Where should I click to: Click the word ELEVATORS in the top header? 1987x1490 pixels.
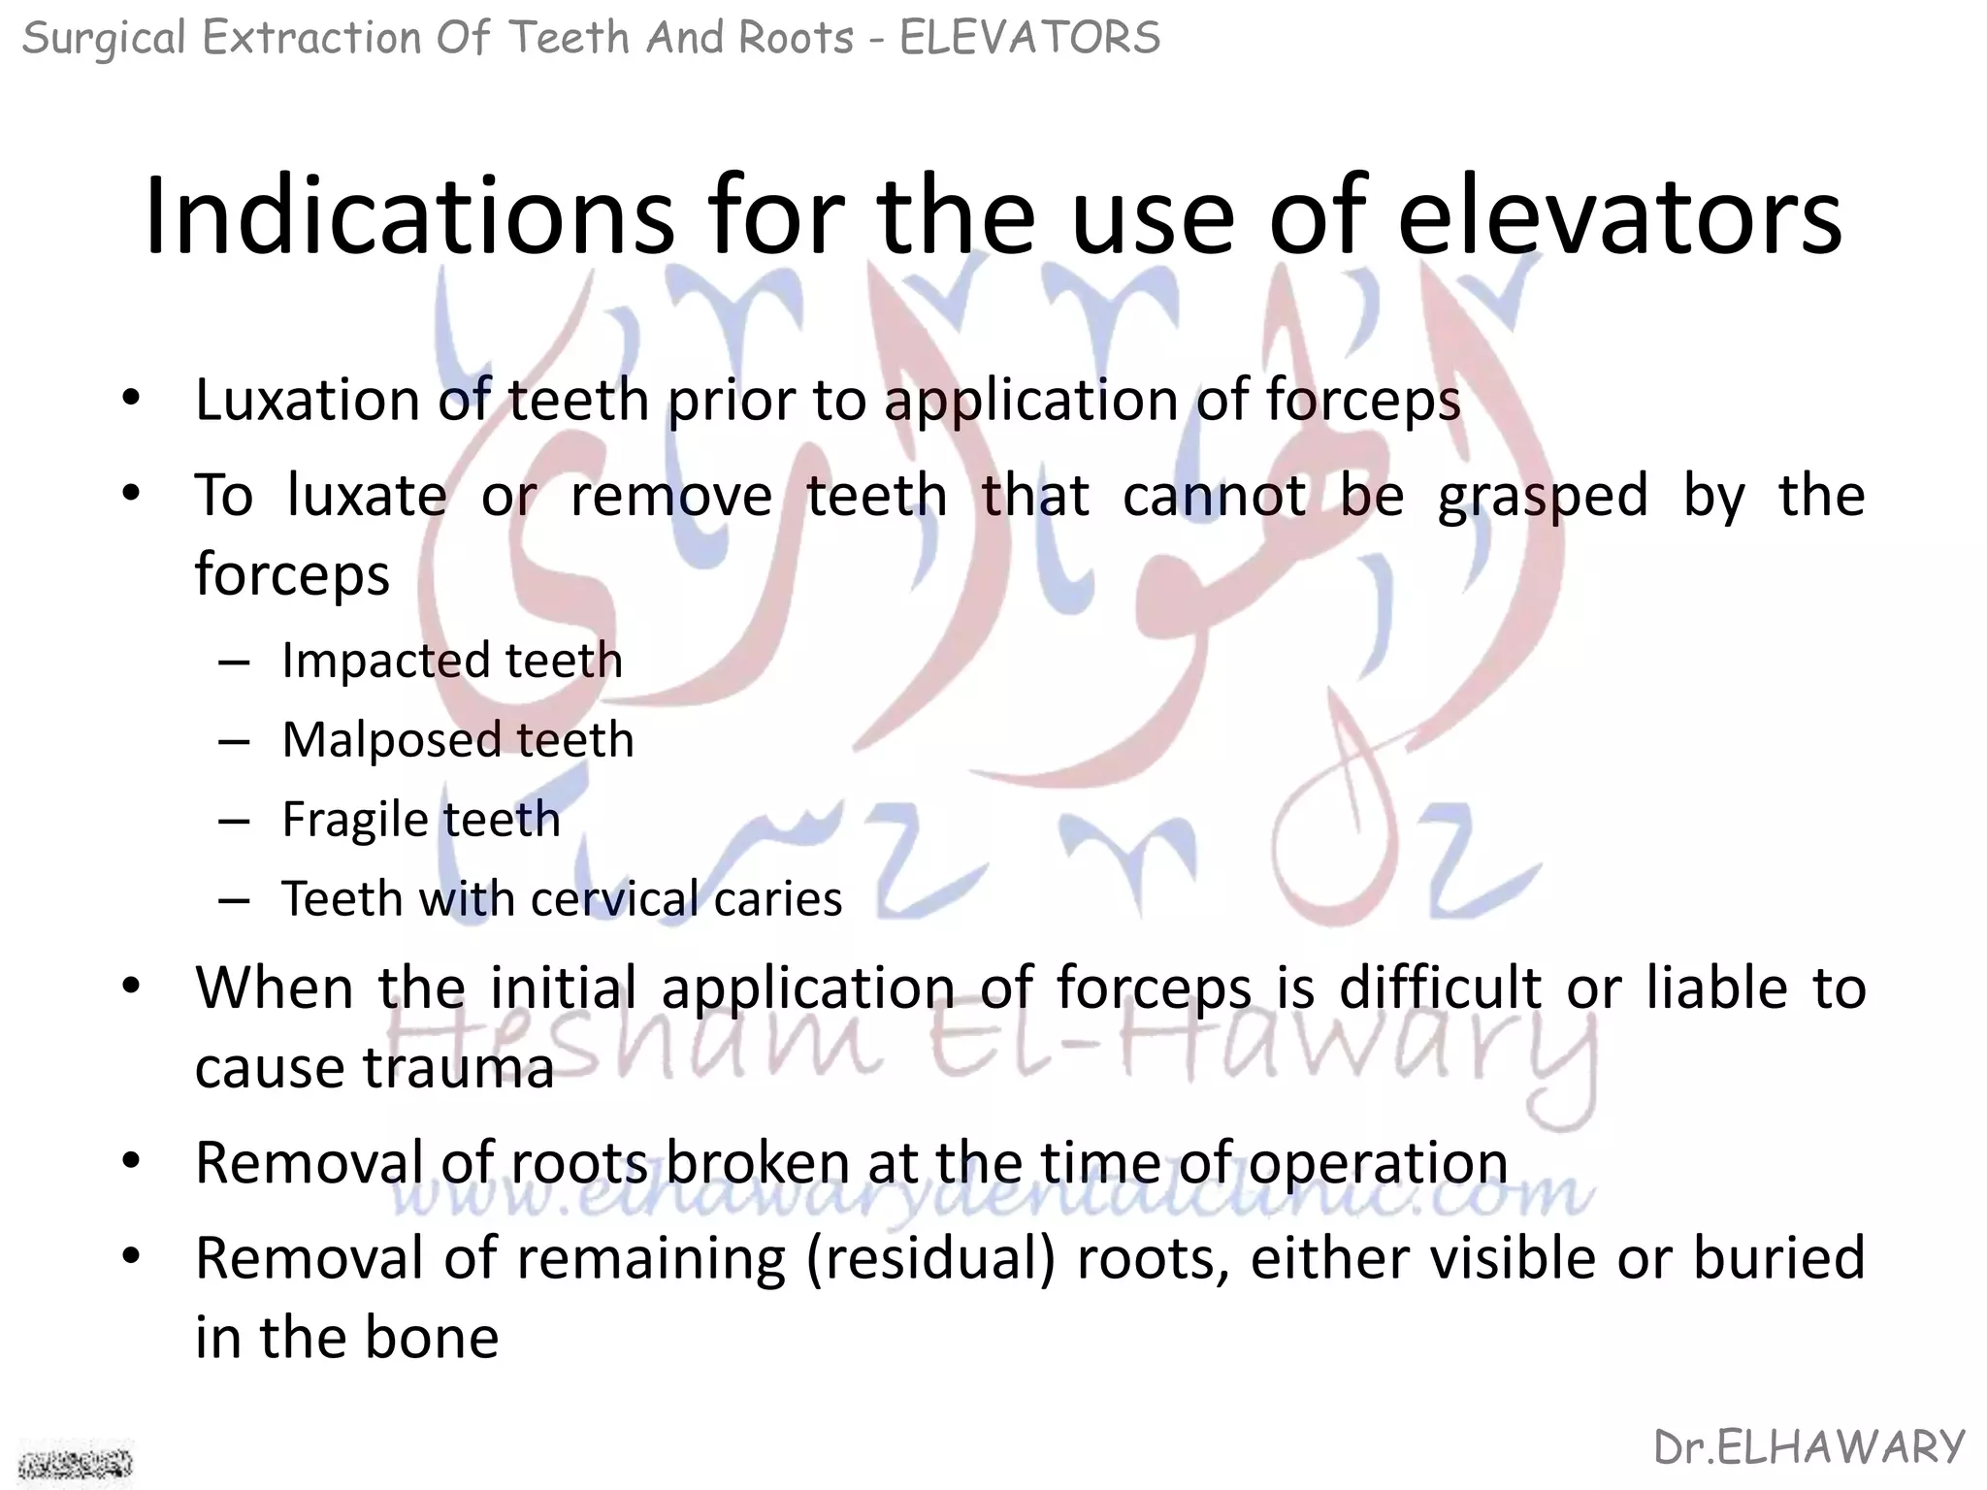(x=1029, y=39)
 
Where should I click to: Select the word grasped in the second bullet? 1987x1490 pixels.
(x=1542, y=497)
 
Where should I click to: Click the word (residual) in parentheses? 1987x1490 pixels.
(x=930, y=1258)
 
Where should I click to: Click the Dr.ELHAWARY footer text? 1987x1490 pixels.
(x=1808, y=1447)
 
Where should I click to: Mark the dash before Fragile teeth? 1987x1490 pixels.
(x=235, y=821)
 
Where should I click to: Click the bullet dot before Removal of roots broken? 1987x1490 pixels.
(x=132, y=1161)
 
